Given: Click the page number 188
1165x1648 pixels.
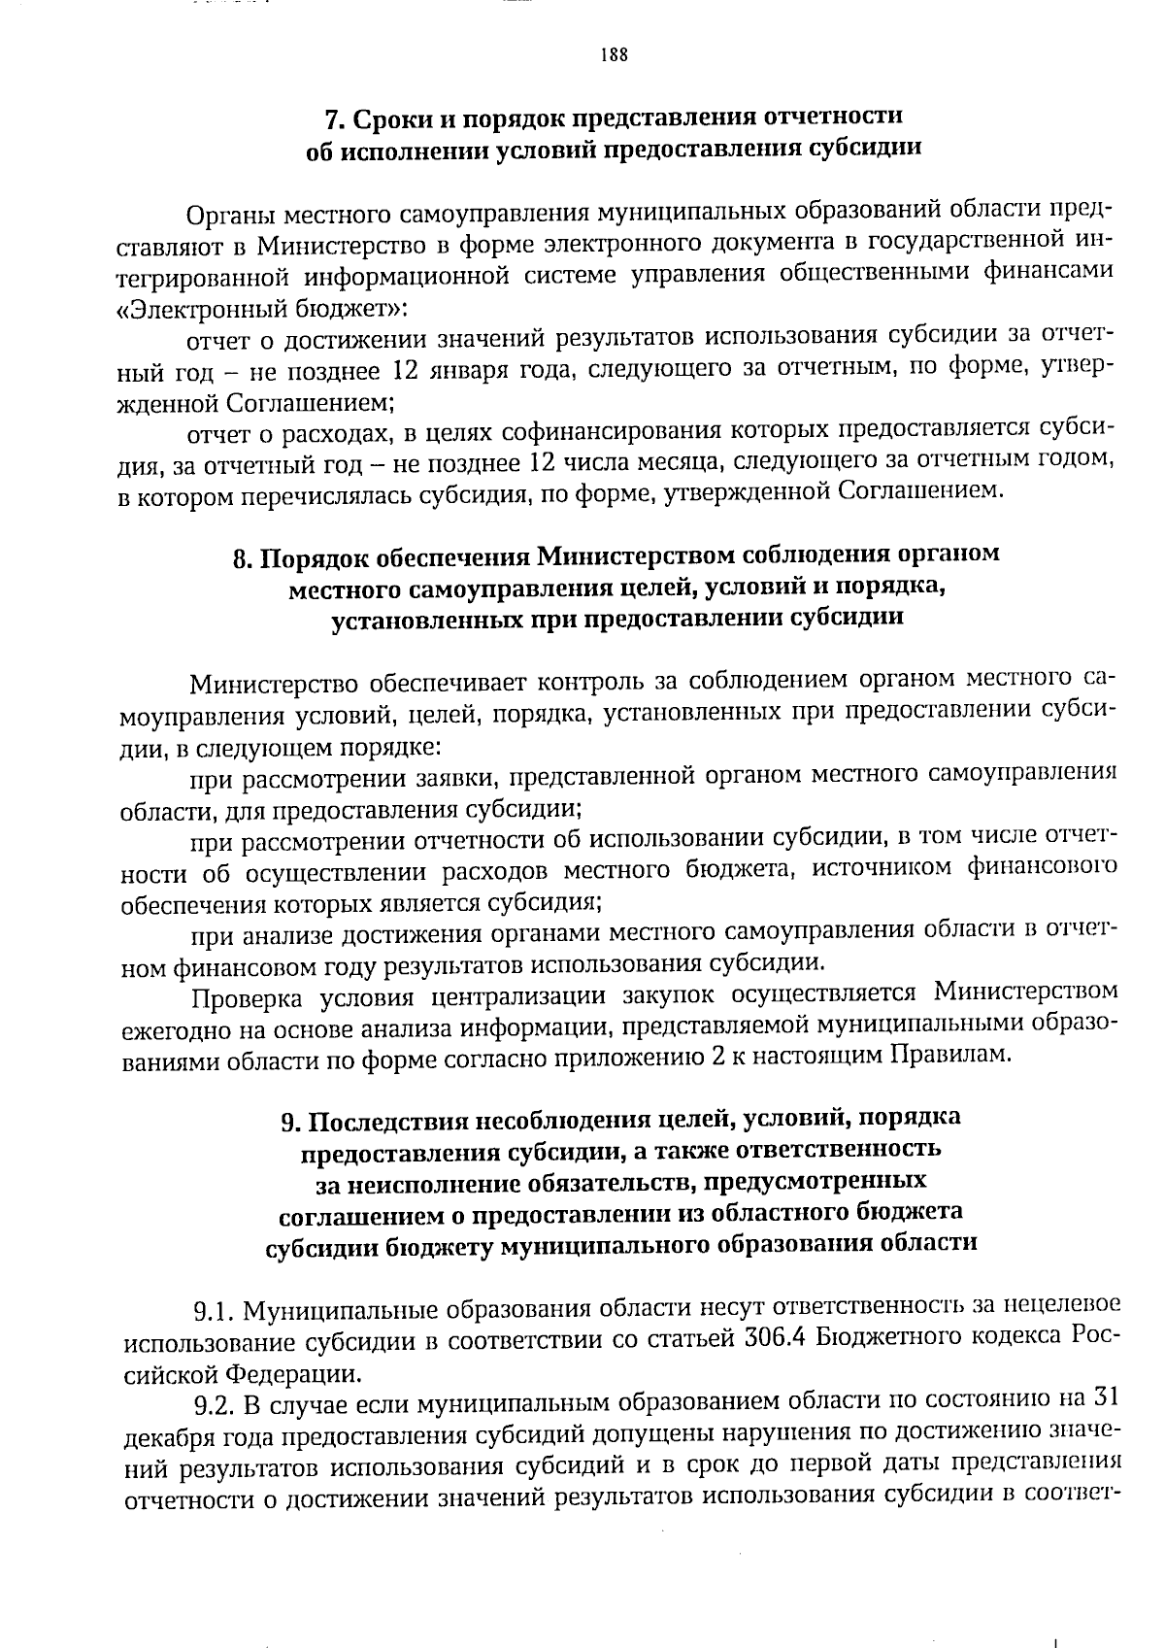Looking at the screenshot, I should click(614, 55).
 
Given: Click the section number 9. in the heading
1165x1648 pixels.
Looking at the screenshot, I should click(290, 1123).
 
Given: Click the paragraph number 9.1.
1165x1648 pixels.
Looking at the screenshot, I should click(214, 1315).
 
